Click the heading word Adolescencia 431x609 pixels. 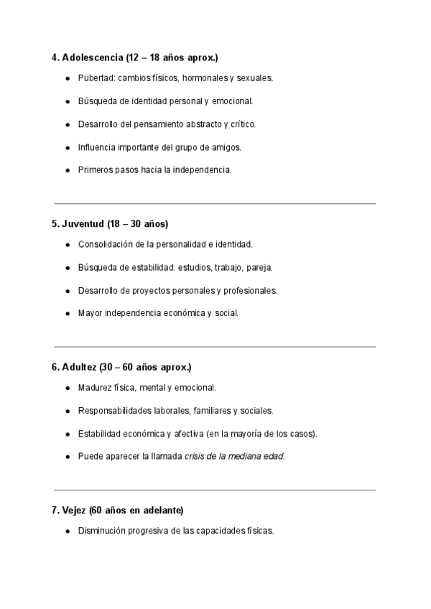tap(93, 57)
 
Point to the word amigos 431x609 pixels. tap(226, 147)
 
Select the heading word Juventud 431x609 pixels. tap(83, 223)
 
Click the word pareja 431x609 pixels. tap(259, 267)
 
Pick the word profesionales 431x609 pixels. tap(251, 290)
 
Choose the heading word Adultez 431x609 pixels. tap(80, 367)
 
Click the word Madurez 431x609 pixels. tap(96, 388)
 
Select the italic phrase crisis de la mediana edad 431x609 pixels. tap(234, 456)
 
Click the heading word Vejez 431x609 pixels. tap(75, 511)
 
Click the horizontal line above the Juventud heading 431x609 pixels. tap(215, 203)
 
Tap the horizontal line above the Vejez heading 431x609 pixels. tap(215, 491)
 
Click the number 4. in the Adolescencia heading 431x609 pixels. tap(55, 57)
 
